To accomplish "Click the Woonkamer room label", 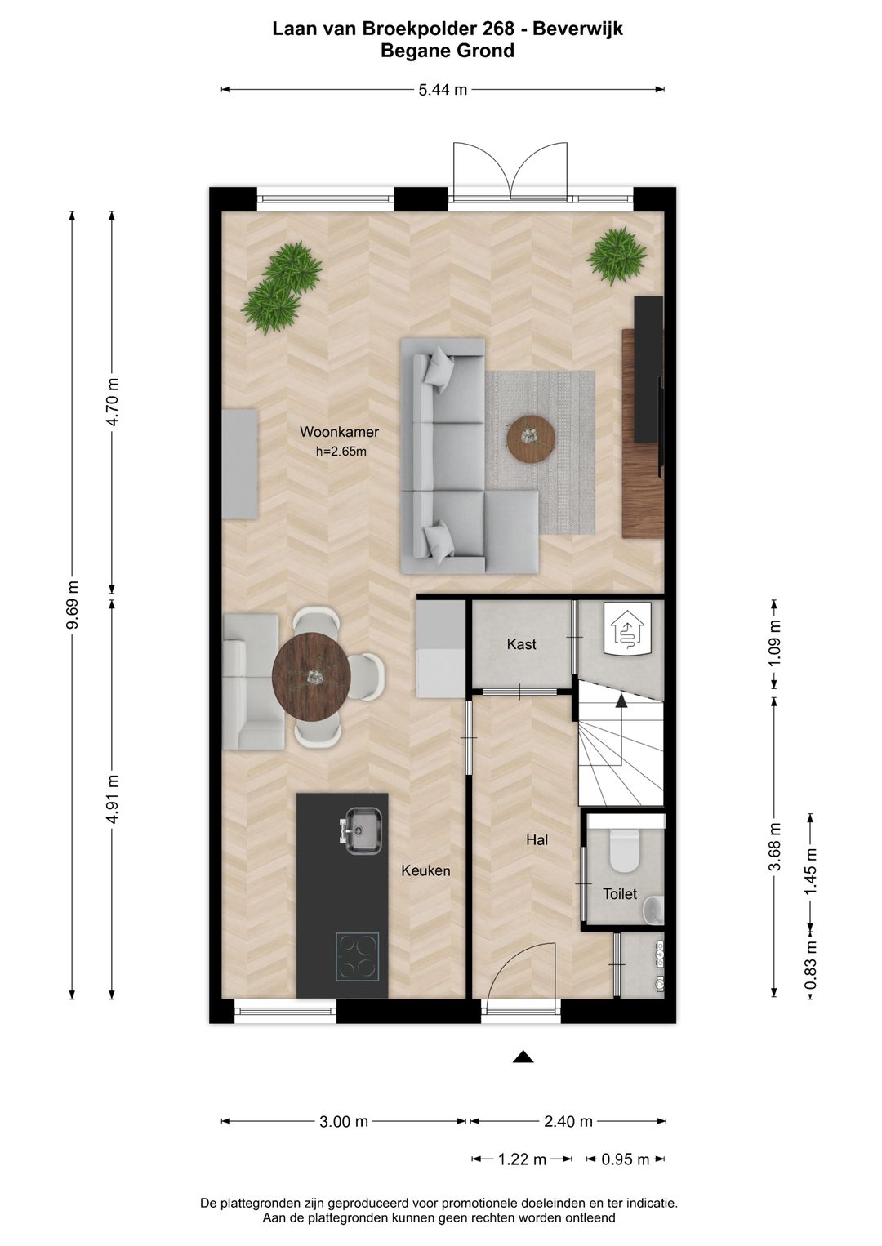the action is tap(339, 432).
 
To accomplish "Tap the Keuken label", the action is tap(425, 870).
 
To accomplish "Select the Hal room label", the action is tap(537, 840).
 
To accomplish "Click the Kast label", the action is tap(521, 644).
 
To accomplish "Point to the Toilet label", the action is tap(620, 894).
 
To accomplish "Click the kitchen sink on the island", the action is tap(362, 831).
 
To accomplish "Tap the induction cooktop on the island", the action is tap(357, 956).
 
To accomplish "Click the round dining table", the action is tap(311, 676).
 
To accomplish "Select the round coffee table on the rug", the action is tap(531, 438).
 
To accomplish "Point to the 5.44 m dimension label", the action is tap(443, 90).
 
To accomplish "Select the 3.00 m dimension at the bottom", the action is tap(344, 1121).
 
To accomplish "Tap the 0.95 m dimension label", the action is tap(626, 1159).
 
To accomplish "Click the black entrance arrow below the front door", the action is tap(523, 1057).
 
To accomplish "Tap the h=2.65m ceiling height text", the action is tap(341, 452).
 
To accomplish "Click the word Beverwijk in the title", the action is tap(578, 29).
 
